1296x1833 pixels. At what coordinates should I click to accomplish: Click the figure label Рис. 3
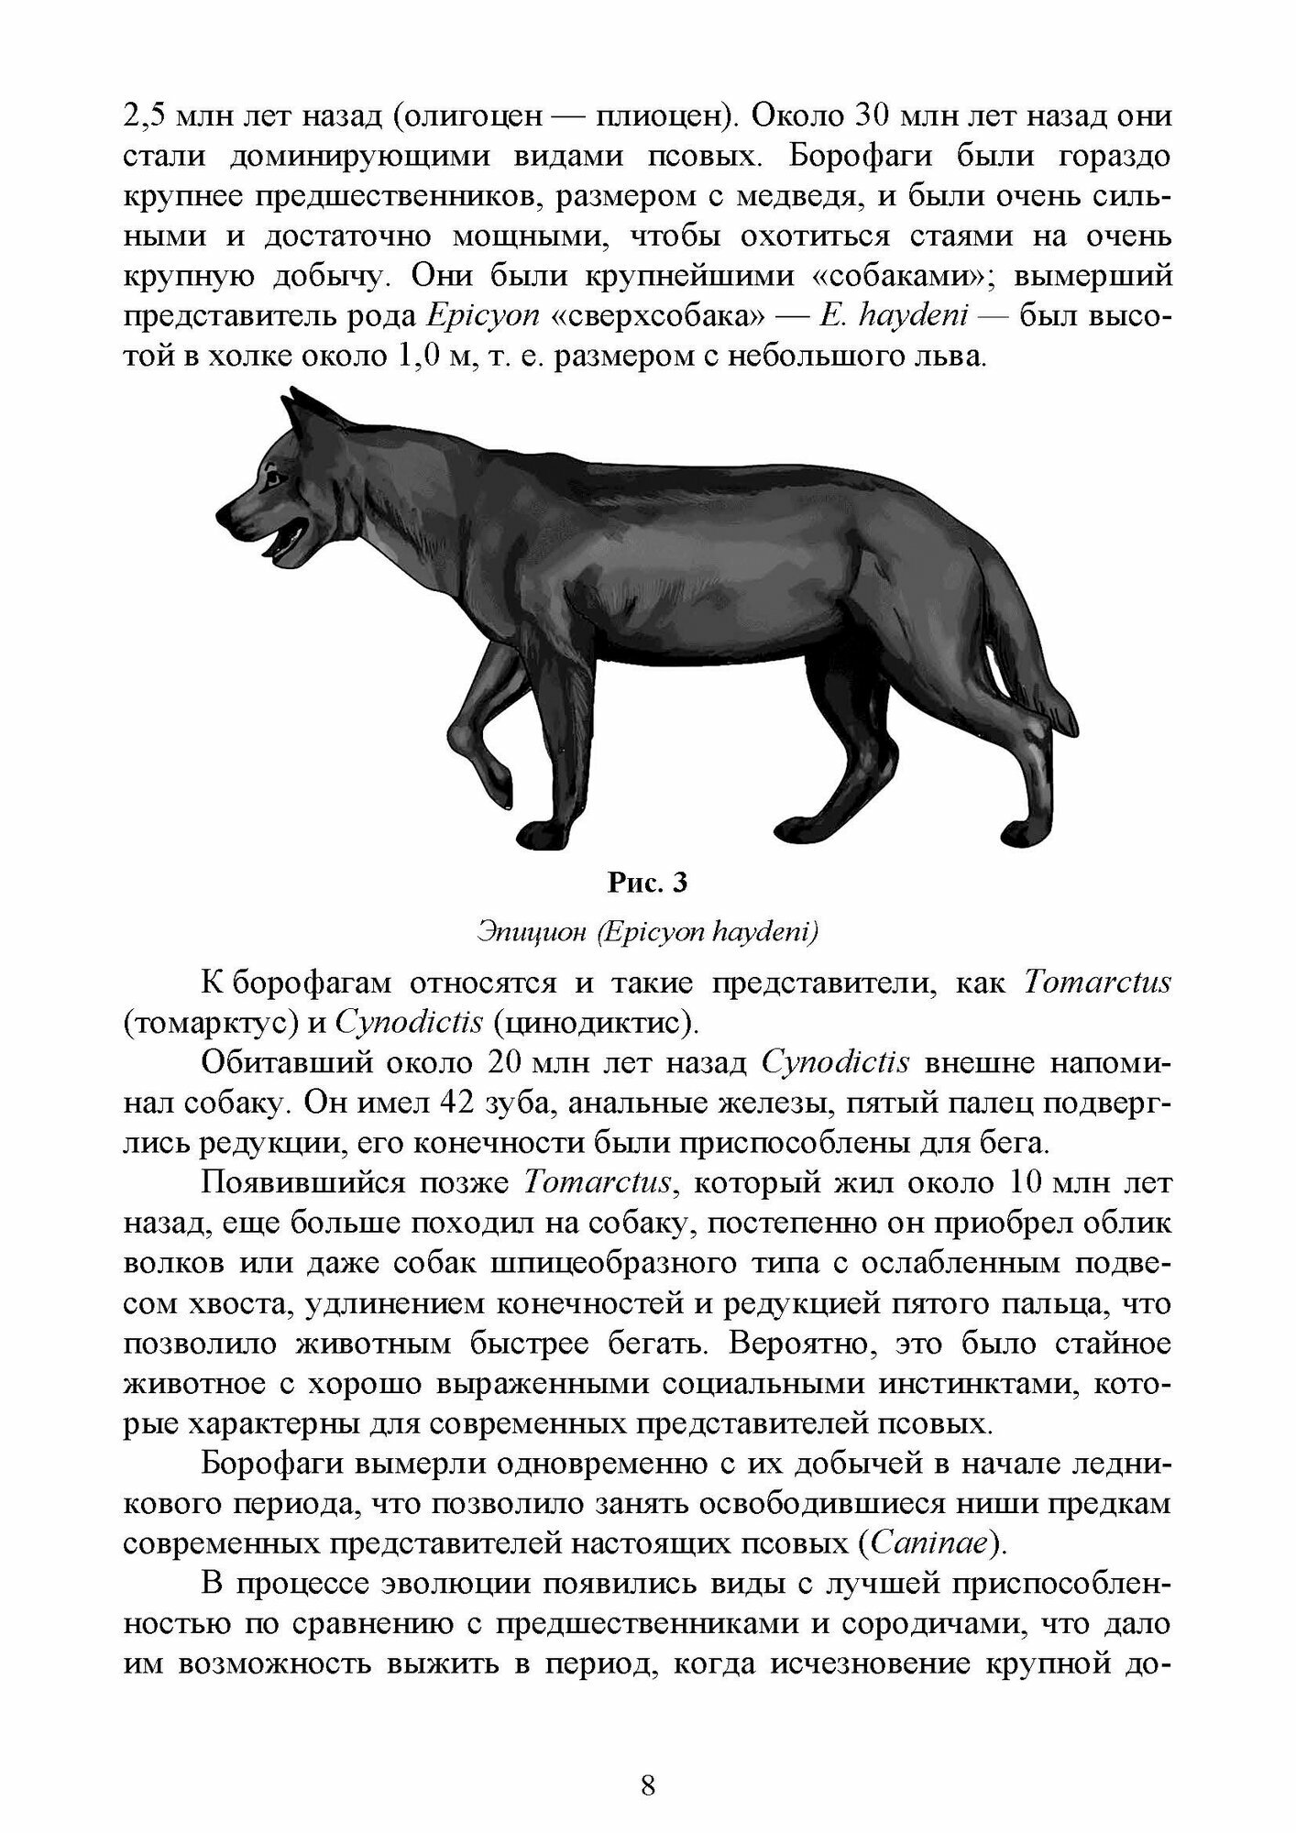647,884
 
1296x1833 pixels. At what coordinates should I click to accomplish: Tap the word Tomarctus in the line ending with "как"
1095,983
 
